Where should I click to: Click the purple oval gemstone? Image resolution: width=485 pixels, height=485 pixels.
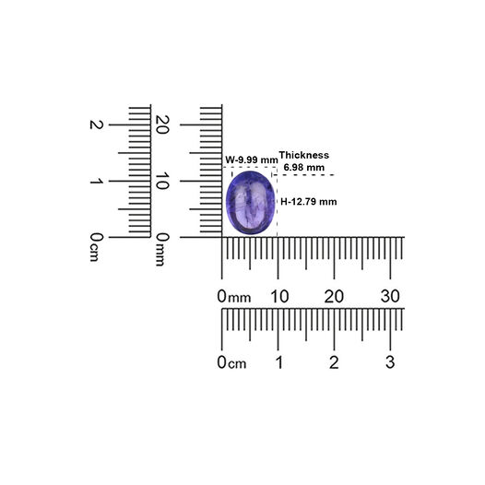[x=250, y=203]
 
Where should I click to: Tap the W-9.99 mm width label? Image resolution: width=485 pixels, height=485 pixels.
[x=252, y=160]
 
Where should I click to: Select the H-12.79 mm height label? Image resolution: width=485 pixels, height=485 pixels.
[x=308, y=202]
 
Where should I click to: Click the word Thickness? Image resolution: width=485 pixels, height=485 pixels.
[x=304, y=155]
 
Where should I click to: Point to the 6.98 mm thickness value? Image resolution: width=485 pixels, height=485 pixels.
[x=304, y=167]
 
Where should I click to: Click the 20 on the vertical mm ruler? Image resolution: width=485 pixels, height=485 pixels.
[x=162, y=124]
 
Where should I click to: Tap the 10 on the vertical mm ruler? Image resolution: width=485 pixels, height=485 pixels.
[x=162, y=181]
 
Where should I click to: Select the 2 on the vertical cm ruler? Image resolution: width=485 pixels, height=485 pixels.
[x=96, y=124]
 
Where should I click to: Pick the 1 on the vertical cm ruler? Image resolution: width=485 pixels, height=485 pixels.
[x=96, y=181]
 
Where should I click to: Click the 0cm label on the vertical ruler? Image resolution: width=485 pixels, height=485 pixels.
[x=96, y=247]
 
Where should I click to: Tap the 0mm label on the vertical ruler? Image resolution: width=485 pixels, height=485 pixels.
[x=162, y=250]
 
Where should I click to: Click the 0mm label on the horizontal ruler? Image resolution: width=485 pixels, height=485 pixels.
[x=234, y=296]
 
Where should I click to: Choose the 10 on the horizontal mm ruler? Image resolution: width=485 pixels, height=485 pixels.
[x=279, y=296]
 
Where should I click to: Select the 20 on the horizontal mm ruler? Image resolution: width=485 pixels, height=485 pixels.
[x=334, y=296]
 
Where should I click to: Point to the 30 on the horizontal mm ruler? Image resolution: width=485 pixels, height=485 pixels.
[x=390, y=296]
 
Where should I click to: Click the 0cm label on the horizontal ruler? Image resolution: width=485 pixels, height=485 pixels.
[x=231, y=362]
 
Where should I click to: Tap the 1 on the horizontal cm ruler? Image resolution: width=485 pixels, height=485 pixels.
[x=279, y=362]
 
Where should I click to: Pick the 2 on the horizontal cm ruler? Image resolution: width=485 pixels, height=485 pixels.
[x=334, y=362]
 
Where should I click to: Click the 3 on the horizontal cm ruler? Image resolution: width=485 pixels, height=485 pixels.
[x=390, y=362]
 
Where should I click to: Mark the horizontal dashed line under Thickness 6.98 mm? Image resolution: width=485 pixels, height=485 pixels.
[x=303, y=175]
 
